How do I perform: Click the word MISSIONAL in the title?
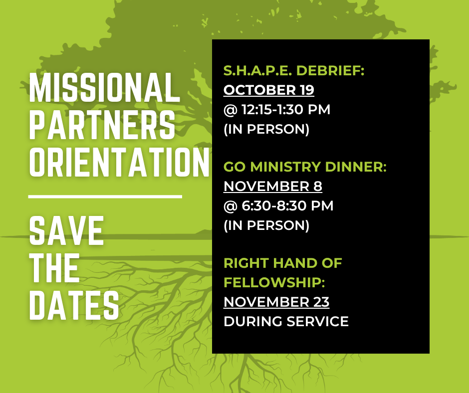(x=104, y=88)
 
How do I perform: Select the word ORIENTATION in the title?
(x=119, y=161)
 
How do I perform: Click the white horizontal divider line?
(x=105, y=196)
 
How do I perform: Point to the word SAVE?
(x=66, y=231)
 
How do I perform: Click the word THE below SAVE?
(x=54, y=268)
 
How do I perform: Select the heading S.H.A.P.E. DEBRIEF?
(x=294, y=71)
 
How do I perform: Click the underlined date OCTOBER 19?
(x=268, y=90)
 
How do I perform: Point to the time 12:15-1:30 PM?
(x=284, y=110)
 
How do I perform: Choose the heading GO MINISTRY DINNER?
(x=305, y=167)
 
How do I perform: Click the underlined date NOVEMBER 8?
(x=272, y=187)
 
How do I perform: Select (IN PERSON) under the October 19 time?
(x=266, y=129)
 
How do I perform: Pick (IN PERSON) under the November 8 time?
(x=266, y=225)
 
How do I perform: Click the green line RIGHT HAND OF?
(x=282, y=263)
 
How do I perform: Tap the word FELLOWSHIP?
(x=274, y=283)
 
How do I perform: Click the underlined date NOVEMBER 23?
(x=276, y=302)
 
